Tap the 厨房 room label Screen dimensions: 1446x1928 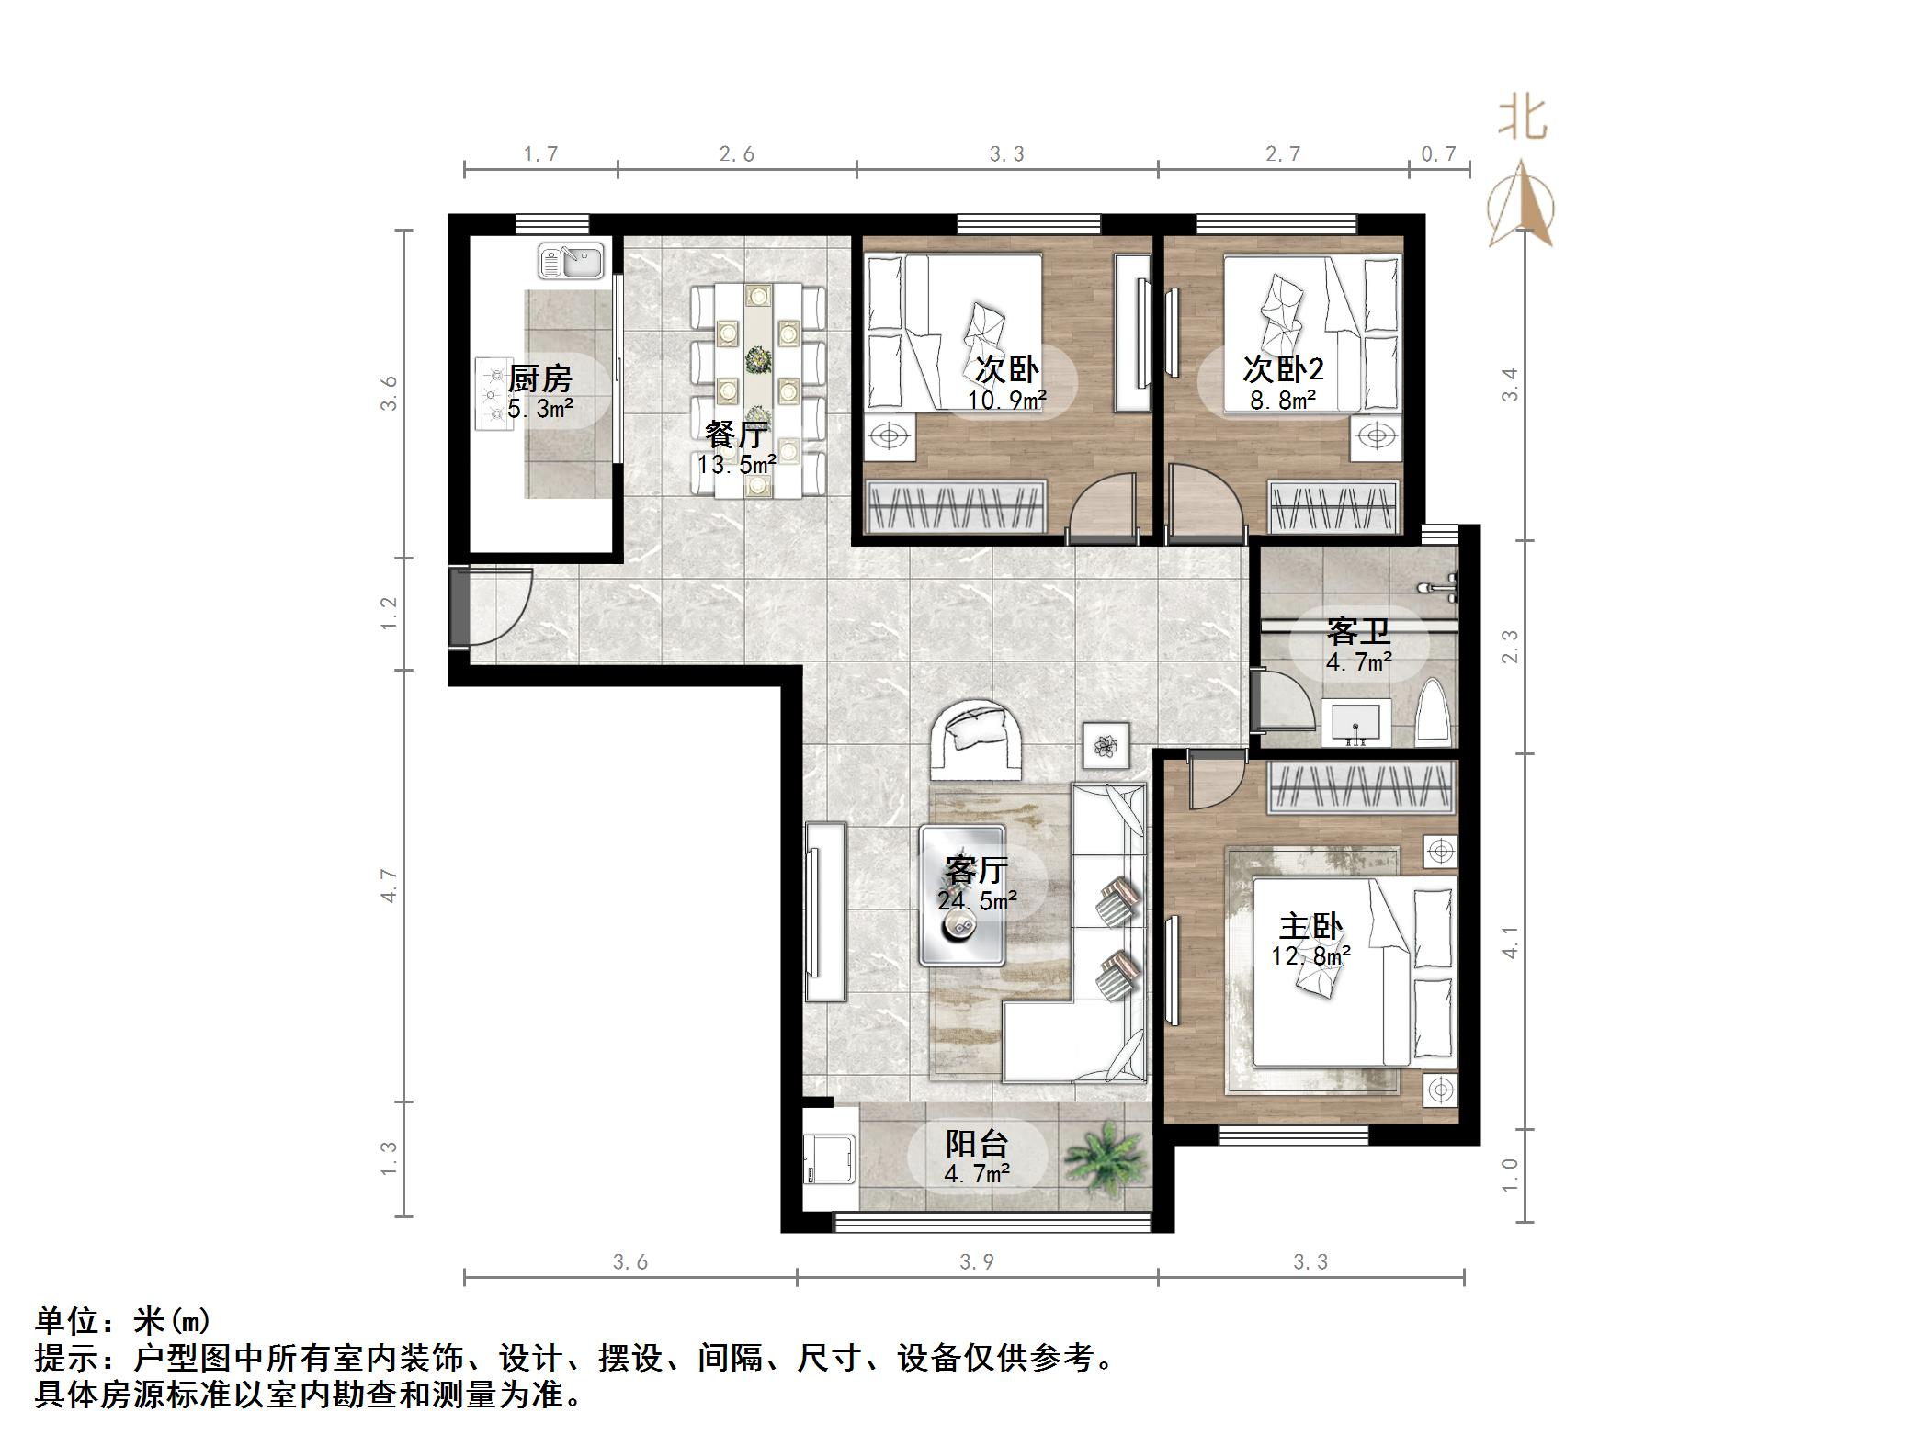point(540,378)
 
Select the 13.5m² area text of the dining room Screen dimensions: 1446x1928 point(735,465)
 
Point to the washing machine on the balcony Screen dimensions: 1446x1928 point(829,1161)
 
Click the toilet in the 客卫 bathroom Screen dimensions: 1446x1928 point(1435,712)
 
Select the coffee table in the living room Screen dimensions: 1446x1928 point(962,895)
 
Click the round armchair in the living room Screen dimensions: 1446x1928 point(976,738)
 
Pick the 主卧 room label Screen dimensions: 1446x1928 point(1311,926)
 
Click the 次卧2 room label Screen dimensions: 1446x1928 point(1283,369)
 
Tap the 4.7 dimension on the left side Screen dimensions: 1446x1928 point(390,885)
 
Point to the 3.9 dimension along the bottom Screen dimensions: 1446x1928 point(976,1261)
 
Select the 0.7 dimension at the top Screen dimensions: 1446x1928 point(1438,154)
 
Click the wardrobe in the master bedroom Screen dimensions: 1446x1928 point(1362,787)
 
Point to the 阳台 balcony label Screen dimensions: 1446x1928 point(977,1144)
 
